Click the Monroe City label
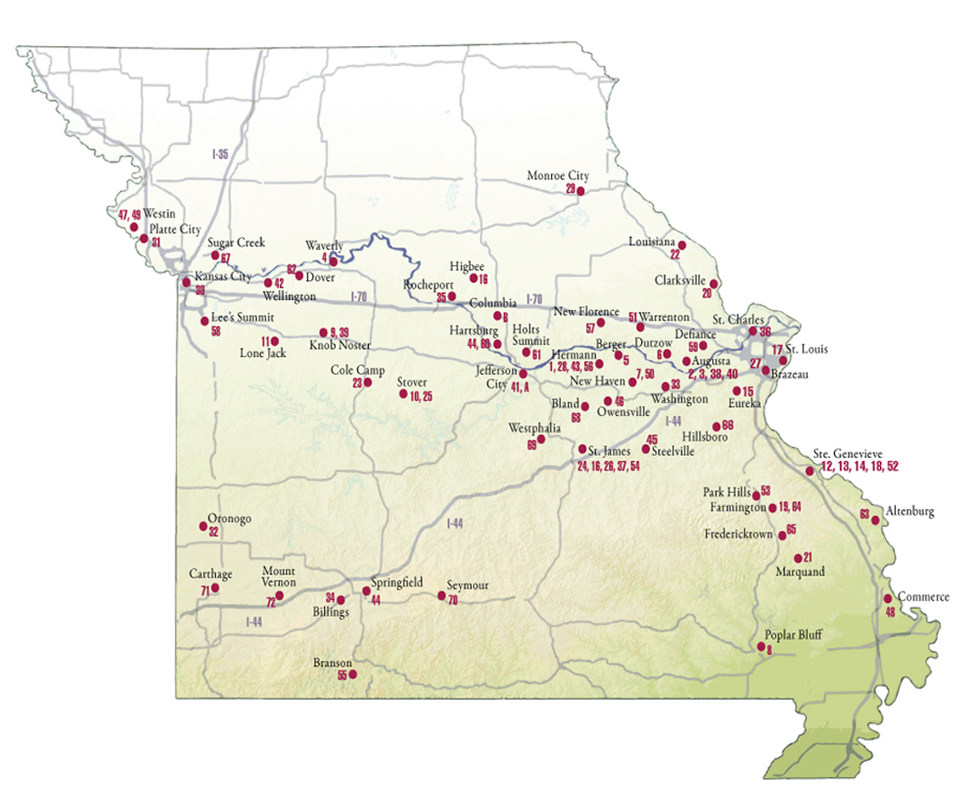557,176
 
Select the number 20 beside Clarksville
707,293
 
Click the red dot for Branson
354,675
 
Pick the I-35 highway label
222,155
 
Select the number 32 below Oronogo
213,533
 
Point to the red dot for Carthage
215,588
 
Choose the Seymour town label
468,584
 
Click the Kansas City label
224,277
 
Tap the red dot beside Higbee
474,277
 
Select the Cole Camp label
357,370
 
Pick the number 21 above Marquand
808,557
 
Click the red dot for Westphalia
541,439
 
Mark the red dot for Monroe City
581,192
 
